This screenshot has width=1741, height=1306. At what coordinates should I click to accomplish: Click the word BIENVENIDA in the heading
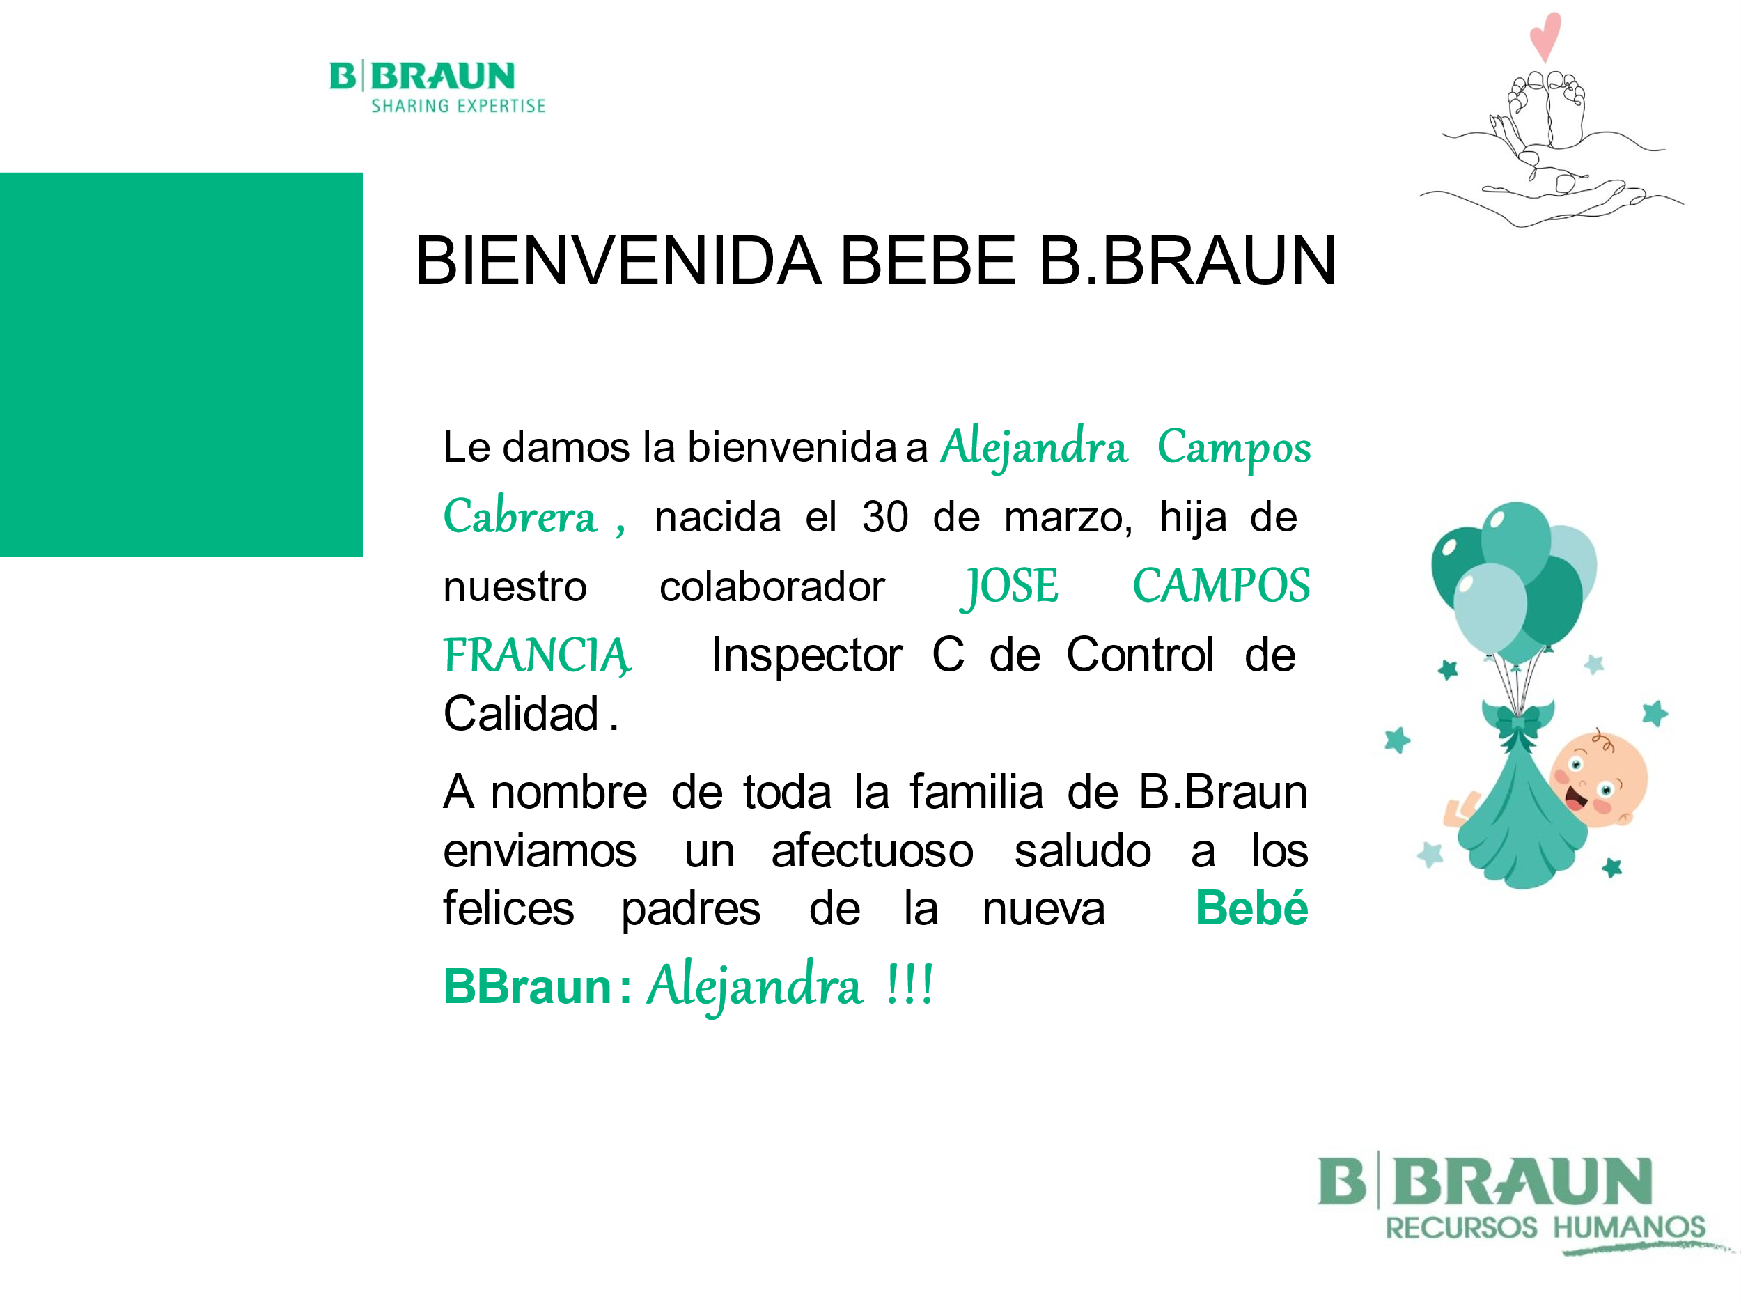click(618, 261)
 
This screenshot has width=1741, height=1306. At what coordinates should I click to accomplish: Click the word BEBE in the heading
click(928, 261)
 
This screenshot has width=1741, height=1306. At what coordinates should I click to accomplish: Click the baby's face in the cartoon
click(1598, 779)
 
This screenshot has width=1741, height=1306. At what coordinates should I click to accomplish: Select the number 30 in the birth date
click(884, 518)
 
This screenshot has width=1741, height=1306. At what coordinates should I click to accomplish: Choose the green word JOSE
click(1009, 586)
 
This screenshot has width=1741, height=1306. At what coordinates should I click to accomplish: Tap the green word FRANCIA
click(537, 655)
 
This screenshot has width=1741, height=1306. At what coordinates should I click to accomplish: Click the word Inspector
click(806, 655)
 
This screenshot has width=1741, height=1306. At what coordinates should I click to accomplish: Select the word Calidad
click(521, 714)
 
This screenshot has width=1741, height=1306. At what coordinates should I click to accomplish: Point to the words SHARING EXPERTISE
click(458, 105)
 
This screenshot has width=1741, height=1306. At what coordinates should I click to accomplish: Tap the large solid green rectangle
click(181, 364)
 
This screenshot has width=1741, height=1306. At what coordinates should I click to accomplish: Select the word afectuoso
click(872, 851)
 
